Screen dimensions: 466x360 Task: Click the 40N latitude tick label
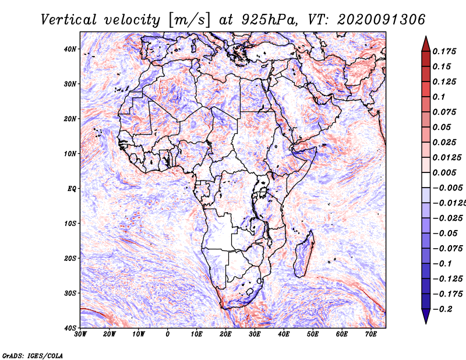pos(70,49)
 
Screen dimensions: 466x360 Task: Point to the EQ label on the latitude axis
pos(72,189)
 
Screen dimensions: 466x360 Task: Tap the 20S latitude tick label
pos(70,258)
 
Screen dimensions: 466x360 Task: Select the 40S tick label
pos(70,328)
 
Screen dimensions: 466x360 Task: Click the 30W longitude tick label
pos(80,334)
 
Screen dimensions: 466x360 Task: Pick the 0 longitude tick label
pos(168,334)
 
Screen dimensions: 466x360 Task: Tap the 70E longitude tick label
pos(371,334)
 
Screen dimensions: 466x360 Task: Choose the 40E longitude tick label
pos(284,334)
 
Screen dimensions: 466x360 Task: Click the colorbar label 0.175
pos(444,52)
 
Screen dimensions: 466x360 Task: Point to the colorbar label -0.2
pos(443,309)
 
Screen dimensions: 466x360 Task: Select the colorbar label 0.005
pos(444,172)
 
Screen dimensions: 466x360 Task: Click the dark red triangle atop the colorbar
pos(426,44)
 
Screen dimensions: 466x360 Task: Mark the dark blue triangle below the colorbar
pos(426,316)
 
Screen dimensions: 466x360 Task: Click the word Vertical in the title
pos(69,20)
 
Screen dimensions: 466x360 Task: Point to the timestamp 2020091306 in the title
pos(381,20)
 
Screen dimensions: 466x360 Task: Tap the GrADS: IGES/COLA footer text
pos(33,355)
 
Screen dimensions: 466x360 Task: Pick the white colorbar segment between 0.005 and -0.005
pos(426,180)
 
